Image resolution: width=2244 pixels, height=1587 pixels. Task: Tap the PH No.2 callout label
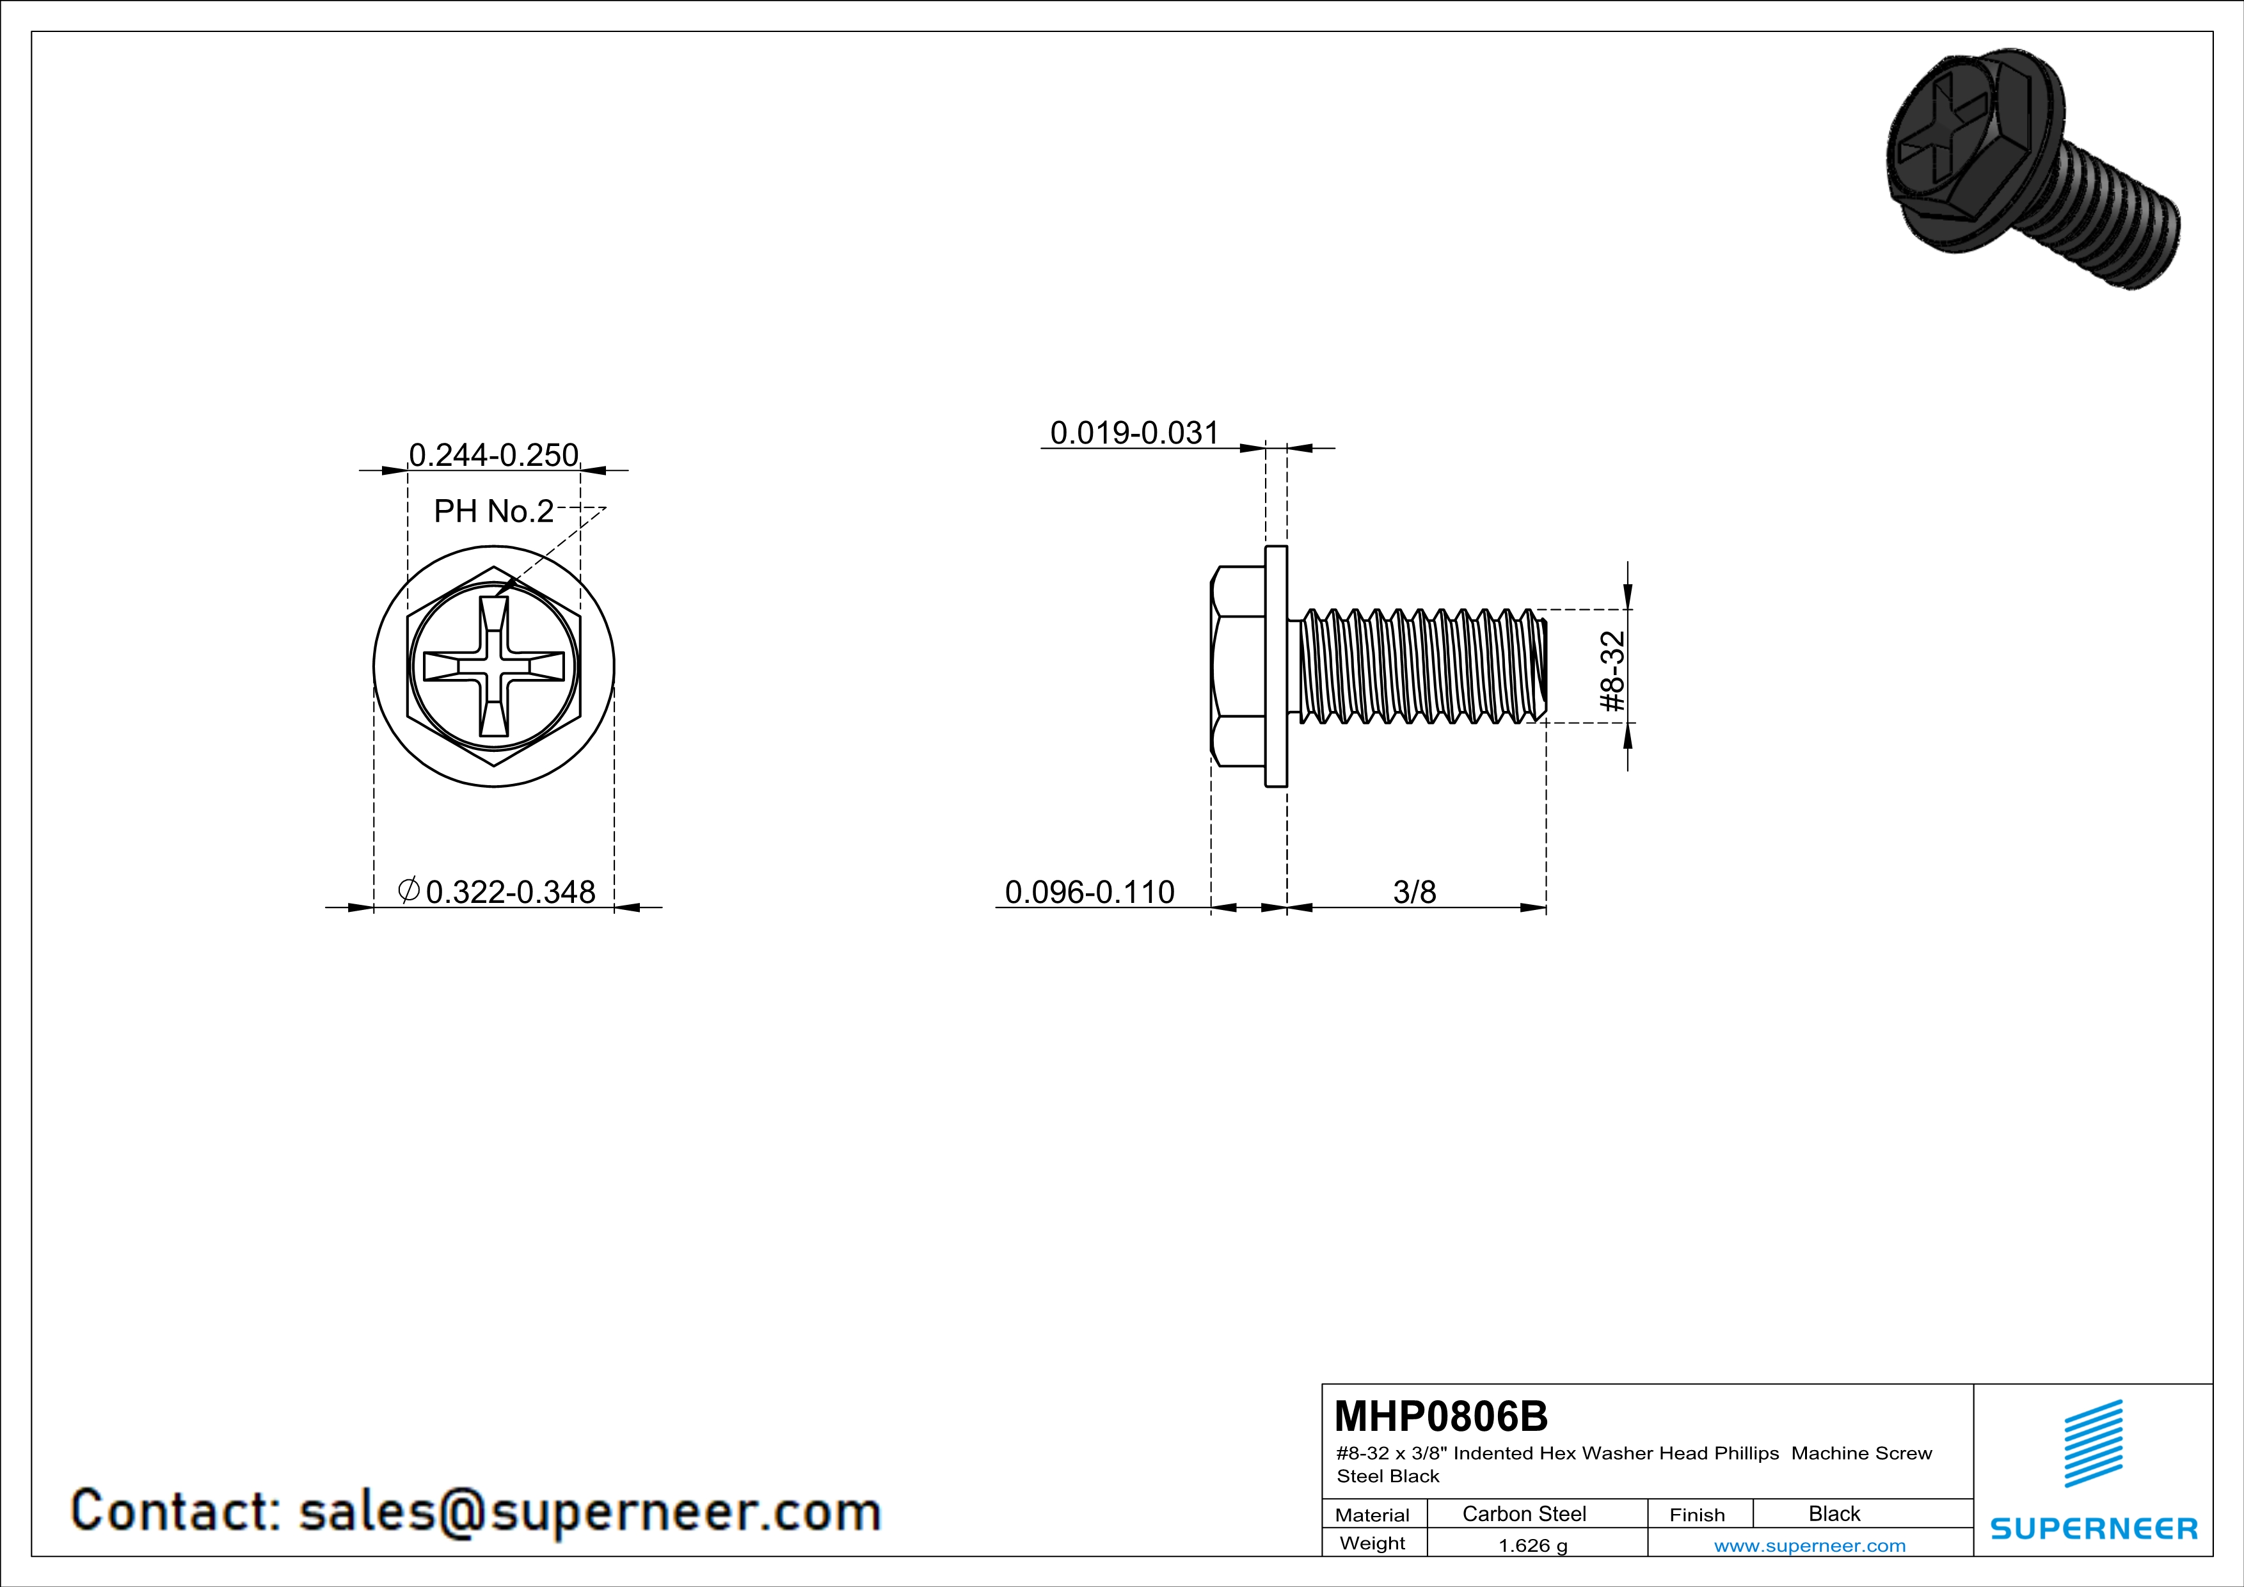pos(493,511)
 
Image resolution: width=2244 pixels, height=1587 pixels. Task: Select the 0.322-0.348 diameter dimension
pos(497,891)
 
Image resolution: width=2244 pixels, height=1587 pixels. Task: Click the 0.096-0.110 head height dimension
pos(1090,891)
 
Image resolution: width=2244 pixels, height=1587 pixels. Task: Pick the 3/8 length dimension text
pos(1414,891)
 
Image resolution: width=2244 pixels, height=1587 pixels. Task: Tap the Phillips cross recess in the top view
pos(493,666)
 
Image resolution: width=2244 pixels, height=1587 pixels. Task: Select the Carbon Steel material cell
pos(1524,1513)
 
